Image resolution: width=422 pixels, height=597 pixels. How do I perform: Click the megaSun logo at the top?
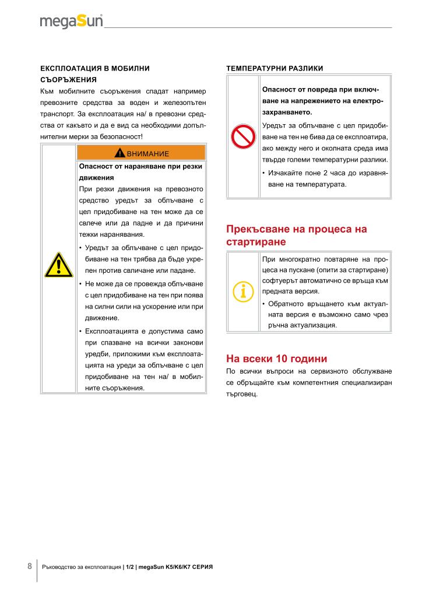tap(71, 22)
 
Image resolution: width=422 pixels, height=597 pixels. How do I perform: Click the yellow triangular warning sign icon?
tap(58, 265)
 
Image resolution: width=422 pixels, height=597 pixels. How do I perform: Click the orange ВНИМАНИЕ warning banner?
tap(141, 153)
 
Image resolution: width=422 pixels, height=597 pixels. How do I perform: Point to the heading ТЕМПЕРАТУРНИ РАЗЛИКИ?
tap(274, 68)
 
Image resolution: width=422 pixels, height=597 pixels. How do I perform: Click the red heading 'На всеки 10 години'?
tap(276, 358)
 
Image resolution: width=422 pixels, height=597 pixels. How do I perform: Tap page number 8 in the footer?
tap(30, 566)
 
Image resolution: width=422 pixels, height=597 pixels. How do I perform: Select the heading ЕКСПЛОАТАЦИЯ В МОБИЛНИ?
tap(94, 68)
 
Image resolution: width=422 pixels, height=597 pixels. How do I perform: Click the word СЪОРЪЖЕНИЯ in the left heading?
tap(68, 79)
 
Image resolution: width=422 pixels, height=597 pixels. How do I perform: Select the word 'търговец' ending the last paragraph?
tap(241, 394)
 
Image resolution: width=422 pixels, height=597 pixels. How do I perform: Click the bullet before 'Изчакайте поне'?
tap(264, 173)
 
